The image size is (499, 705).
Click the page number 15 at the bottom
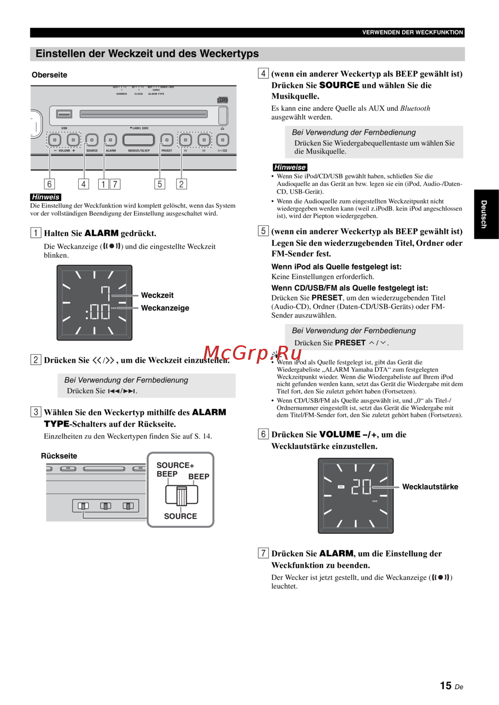pos(446,686)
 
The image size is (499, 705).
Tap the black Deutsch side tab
pos(486,214)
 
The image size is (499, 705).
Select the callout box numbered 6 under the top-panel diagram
pos(49,184)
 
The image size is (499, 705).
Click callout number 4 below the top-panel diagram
pos(84,184)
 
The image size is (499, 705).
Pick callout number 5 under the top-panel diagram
pos(160,184)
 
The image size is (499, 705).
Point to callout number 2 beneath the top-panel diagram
pos(181,184)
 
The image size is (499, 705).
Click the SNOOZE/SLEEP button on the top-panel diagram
pos(138,140)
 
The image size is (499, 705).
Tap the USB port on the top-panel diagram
pos(64,114)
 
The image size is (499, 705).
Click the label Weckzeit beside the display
pos(157,295)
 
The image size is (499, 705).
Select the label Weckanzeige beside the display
pos(165,308)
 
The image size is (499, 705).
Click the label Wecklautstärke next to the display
pos(430,487)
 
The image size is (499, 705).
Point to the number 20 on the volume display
pos(361,487)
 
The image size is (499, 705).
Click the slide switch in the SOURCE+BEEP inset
pos(181,495)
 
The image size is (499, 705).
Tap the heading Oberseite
pos(49,75)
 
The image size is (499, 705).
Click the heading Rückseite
pos(59,456)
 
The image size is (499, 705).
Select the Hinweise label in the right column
pos(289,168)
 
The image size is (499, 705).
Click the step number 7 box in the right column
pos(263,553)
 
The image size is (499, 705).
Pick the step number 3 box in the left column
pos(35,412)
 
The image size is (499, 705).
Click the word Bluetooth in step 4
pos(415,108)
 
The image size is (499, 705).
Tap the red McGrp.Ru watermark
pos(252,353)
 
